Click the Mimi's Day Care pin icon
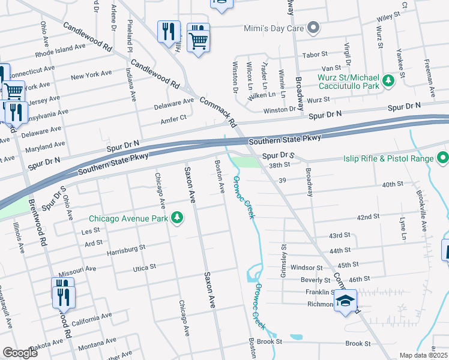tap(313, 28)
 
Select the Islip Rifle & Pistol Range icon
tap(443, 158)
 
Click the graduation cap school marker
tap(345, 301)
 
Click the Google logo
tap(20, 353)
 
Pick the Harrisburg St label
tap(126, 247)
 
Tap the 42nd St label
tap(369, 217)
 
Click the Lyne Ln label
tap(402, 223)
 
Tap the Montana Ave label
tap(97, 347)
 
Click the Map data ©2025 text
tap(423, 355)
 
